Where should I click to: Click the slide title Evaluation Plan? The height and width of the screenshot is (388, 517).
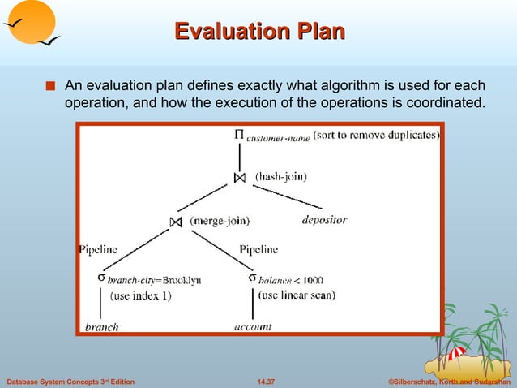click(259, 32)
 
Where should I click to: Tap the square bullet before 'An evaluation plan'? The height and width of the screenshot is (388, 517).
click(51, 85)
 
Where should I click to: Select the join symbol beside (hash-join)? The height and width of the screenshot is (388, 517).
click(239, 176)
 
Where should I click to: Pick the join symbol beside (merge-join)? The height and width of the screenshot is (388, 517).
click(176, 222)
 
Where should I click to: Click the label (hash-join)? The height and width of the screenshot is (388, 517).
click(281, 175)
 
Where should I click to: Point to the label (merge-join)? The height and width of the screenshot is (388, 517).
click(219, 221)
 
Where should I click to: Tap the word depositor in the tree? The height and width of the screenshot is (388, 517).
click(324, 220)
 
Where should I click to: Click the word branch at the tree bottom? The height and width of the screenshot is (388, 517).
click(102, 327)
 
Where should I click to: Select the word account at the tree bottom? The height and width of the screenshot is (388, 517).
click(253, 326)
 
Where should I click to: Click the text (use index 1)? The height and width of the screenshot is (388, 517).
click(140, 296)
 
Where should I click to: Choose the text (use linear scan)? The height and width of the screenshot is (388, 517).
click(297, 295)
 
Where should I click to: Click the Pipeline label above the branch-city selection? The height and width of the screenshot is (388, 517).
click(98, 249)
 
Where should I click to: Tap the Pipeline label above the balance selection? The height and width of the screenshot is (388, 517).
click(258, 249)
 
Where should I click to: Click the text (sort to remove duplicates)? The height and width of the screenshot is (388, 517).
click(376, 135)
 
